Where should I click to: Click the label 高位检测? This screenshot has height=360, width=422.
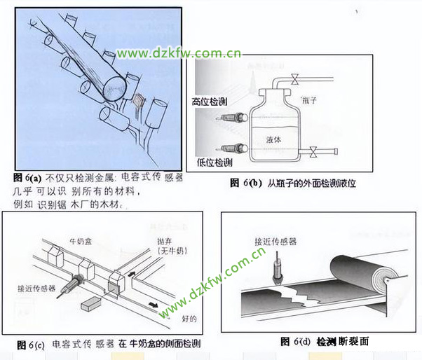click(x=209, y=102)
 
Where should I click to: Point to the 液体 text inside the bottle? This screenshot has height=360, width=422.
click(x=274, y=139)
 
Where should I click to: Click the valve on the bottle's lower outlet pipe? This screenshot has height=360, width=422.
click(x=313, y=149)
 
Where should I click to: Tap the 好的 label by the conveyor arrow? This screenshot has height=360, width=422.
click(x=188, y=319)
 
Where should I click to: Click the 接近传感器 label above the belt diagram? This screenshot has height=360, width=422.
click(x=275, y=240)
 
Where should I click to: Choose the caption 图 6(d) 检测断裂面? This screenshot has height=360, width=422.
click(x=324, y=341)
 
